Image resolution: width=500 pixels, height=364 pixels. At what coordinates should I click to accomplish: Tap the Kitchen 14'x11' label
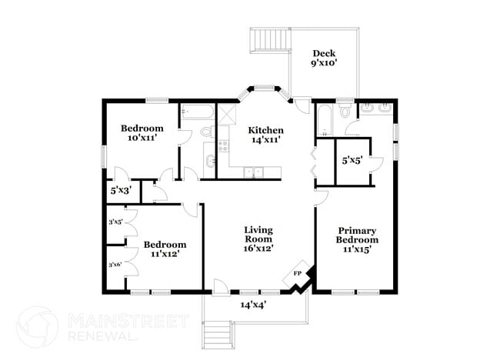265,135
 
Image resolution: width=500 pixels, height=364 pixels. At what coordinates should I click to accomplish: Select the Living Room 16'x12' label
258,239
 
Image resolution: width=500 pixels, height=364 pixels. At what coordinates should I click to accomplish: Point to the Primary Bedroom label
357,239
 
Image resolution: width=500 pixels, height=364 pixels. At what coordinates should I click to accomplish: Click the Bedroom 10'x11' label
142,133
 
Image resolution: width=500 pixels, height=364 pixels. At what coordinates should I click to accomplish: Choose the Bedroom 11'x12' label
164,249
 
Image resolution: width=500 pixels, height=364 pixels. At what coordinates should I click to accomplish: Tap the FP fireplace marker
298,274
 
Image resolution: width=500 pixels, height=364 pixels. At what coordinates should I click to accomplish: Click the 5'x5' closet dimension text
352,161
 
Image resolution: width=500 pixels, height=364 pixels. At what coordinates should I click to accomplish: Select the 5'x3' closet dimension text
121,189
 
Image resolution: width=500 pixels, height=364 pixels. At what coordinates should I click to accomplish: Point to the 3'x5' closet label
115,222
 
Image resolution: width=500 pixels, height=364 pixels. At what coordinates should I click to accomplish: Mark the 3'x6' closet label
115,265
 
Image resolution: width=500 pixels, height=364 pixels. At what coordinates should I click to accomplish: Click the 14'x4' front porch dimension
252,305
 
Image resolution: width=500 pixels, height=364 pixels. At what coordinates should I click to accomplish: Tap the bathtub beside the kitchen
197,113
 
